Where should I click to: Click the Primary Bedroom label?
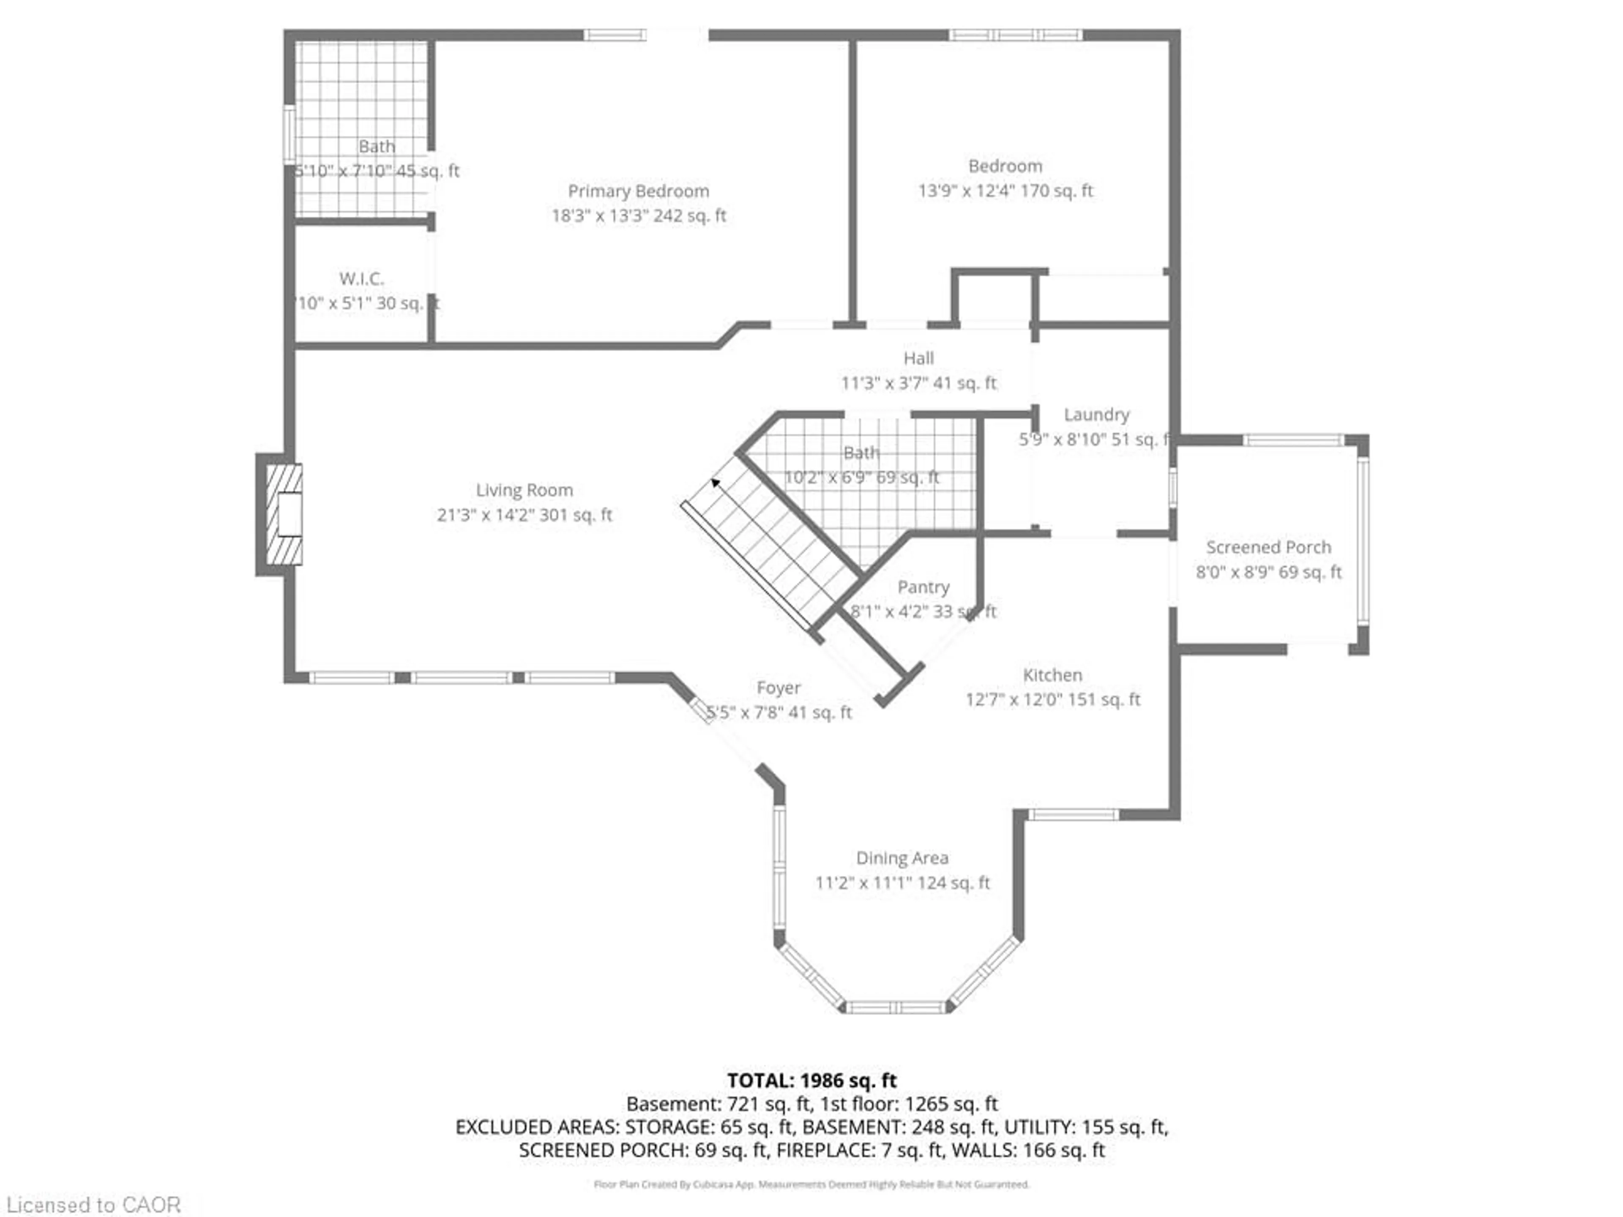(x=638, y=191)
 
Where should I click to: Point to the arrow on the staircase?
(x=715, y=483)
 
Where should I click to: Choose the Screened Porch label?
(x=1268, y=547)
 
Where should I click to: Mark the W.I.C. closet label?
(x=361, y=279)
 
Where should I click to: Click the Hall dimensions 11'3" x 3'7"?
(x=918, y=383)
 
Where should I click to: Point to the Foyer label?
(x=779, y=688)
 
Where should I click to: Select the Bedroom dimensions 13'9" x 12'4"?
(x=1005, y=191)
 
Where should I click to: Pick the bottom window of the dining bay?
(x=896, y=1008)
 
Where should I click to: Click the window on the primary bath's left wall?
(x=290, y=134)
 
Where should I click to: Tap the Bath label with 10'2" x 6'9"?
(x=861, y=453)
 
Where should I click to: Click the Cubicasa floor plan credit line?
(x=811, y=1184)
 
